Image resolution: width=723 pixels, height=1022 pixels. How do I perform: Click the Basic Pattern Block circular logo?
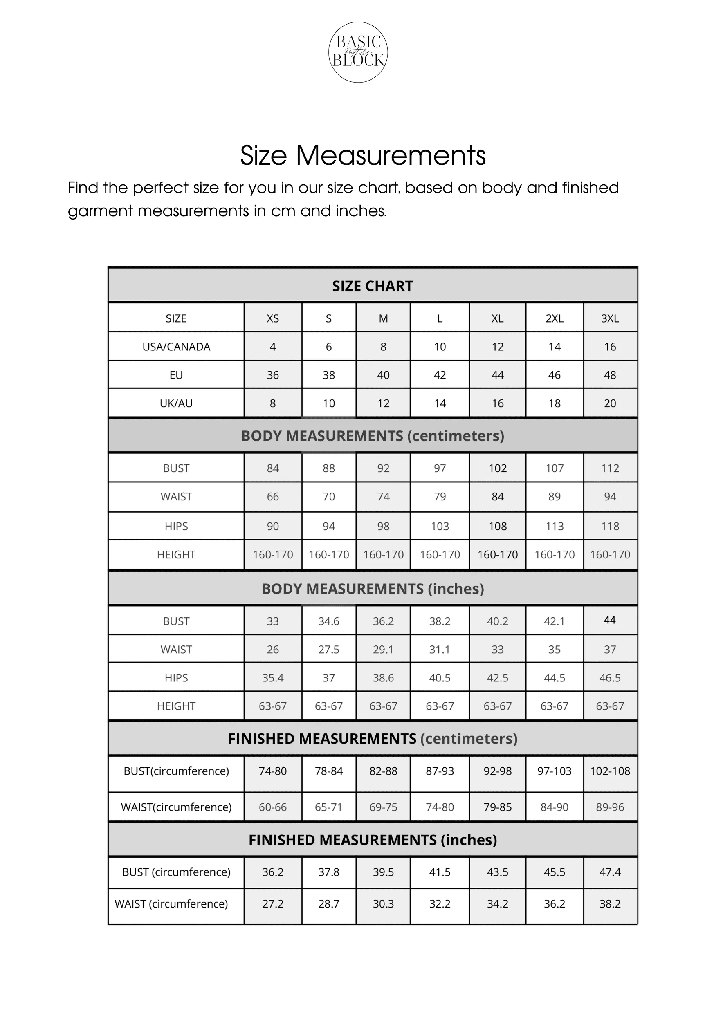click(358, 52)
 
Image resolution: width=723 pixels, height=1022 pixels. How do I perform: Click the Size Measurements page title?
click(363, 155)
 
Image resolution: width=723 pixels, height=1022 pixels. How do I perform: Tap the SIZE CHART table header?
click(373, 286)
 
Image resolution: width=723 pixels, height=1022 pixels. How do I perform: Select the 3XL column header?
click(610, 319)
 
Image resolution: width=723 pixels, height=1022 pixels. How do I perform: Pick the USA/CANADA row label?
click(176, 347)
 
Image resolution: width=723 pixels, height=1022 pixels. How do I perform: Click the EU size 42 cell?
click(440, 375)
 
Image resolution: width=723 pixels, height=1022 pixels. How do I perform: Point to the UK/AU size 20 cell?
click(610, 403)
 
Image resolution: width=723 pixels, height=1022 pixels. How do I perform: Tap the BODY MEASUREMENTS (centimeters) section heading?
click(373, 436)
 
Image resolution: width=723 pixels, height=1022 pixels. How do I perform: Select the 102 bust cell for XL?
click(498, 468)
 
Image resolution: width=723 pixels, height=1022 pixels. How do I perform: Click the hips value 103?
click(440, 527)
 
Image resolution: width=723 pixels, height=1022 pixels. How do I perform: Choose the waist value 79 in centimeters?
click(440, 497)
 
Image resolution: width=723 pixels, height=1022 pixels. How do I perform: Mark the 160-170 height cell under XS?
click(273, 555)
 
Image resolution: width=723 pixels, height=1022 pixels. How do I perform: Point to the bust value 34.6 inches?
click(329, 621)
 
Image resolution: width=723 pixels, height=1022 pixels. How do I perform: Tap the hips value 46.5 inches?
click(610, 678)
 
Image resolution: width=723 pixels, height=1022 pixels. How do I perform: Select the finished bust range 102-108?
click(610, 771)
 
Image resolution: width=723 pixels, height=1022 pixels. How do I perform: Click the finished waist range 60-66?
click(273, 807)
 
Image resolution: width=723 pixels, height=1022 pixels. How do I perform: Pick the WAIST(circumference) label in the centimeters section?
click(176, 807)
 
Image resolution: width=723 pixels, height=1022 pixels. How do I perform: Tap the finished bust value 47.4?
click(610, 872)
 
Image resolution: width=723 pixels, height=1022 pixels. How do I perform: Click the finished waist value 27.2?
click(273, 904)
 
